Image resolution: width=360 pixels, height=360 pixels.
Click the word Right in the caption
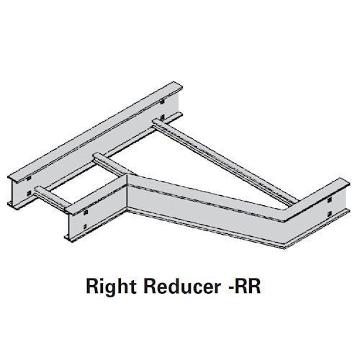[107, 289]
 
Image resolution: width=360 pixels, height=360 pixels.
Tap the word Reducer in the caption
[171, 289]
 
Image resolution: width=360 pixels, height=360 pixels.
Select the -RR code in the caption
[238, 289]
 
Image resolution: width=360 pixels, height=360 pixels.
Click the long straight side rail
[94, 137]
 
